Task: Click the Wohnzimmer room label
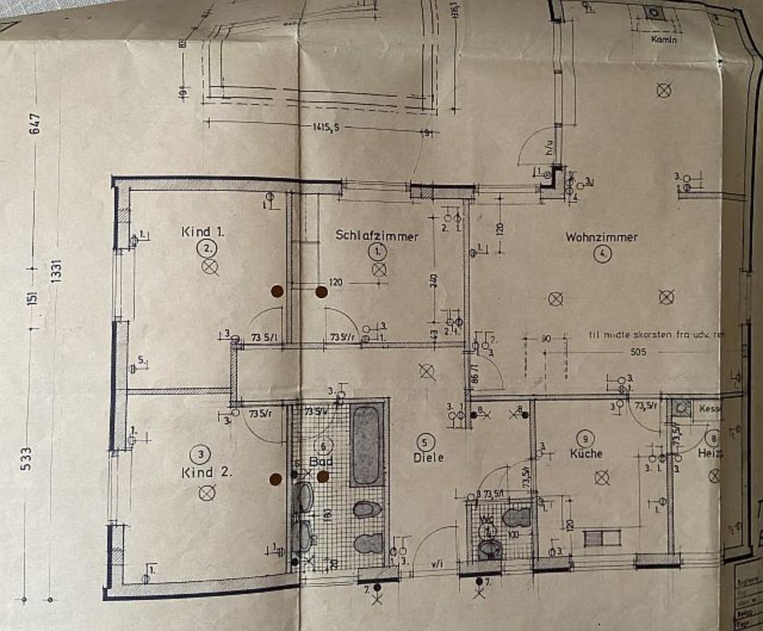point(602,237)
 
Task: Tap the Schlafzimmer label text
point(377,235)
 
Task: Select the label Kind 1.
point(204,232)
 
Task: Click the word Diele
point(428,458)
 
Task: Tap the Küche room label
point(586,454)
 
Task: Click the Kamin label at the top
point(664,39)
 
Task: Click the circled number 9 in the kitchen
point(587,438)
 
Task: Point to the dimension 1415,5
point(321,127)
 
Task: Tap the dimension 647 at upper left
point(34,126)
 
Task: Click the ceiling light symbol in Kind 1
point(209,266)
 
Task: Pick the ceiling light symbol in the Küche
point(602,477)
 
